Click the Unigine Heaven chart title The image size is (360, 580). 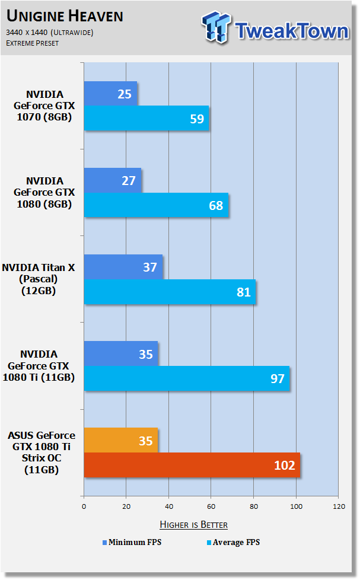pos(65,16)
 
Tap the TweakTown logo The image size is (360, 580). pos(275,28)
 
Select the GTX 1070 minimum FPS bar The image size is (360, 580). pos(111,93)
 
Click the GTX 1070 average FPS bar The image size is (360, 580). pos(146,118)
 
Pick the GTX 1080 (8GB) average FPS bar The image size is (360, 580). pos(156,205)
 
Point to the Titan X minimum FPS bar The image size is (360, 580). pos(123,267)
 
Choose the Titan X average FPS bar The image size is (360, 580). pos(170,292)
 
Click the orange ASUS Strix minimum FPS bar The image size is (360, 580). pos(121,440)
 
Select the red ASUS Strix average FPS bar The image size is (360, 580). pos(192,465)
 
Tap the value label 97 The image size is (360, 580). pos(278,378)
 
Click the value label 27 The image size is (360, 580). pos(129,180)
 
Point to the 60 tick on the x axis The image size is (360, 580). pos(211,506)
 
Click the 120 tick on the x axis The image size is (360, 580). pos(339,506)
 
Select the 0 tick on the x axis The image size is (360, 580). pos(84,506)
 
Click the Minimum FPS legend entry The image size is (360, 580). pos(132,542)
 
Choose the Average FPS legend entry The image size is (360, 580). pos(234,542)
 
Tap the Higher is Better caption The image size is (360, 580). pos(193,524)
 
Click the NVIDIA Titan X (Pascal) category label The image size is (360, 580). pos(39,279)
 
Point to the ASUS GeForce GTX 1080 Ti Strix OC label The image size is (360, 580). pos(42,452)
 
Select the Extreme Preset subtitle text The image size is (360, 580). pos(32,43)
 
